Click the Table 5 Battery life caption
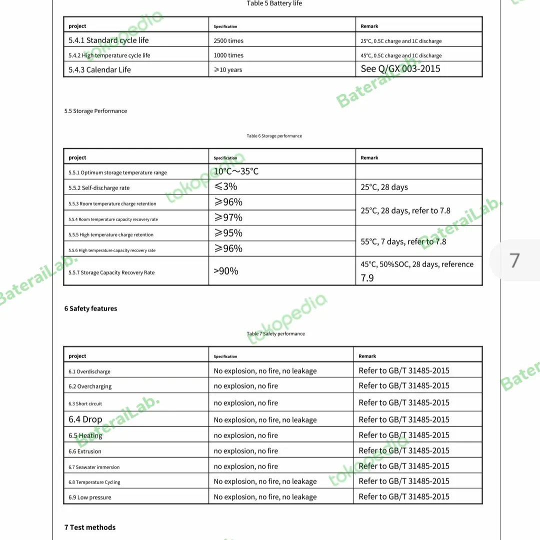coord(274,3)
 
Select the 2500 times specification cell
coord(228,40)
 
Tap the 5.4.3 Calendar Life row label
coord(99,70)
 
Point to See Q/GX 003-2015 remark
coord(400,69)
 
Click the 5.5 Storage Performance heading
coord(95,111)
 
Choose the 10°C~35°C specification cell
coord(236,171)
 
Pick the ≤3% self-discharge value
coord(225,187)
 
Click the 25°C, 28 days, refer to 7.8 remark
coord(405,210)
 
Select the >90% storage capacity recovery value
coord(226,271)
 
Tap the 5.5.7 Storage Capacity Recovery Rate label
coord(111,272)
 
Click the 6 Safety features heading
coord(90,308)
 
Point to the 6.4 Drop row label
coord(85,419)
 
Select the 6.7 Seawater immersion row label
coord(94,467)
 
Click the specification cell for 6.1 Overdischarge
coord(265,371)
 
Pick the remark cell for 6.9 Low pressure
coord(404,496)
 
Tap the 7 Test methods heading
coord(90,527)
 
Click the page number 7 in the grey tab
coord(514,260)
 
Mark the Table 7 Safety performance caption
coord(275,333)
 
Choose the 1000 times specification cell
coord(228,55)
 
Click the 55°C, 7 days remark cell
coord(403,241)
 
